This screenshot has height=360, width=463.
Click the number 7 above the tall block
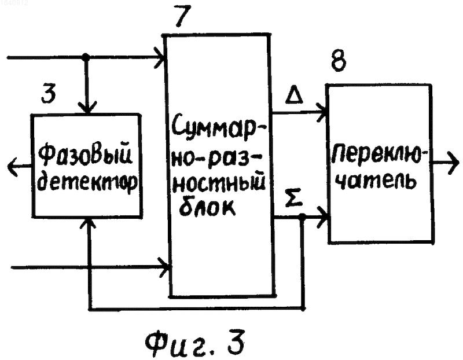183,16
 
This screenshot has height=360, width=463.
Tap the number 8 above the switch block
339,60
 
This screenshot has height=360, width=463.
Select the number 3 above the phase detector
49,93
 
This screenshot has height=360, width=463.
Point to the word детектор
88,181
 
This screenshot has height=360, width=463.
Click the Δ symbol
294,94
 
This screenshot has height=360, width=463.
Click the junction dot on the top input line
85,56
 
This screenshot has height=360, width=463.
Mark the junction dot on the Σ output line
302,216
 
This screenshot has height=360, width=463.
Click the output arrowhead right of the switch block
453,163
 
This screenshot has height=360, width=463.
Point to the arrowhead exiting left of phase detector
13,167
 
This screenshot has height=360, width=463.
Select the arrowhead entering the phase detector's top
87,108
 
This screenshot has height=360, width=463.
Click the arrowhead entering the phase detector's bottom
87,225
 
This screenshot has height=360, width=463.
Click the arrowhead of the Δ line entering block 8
322,112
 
